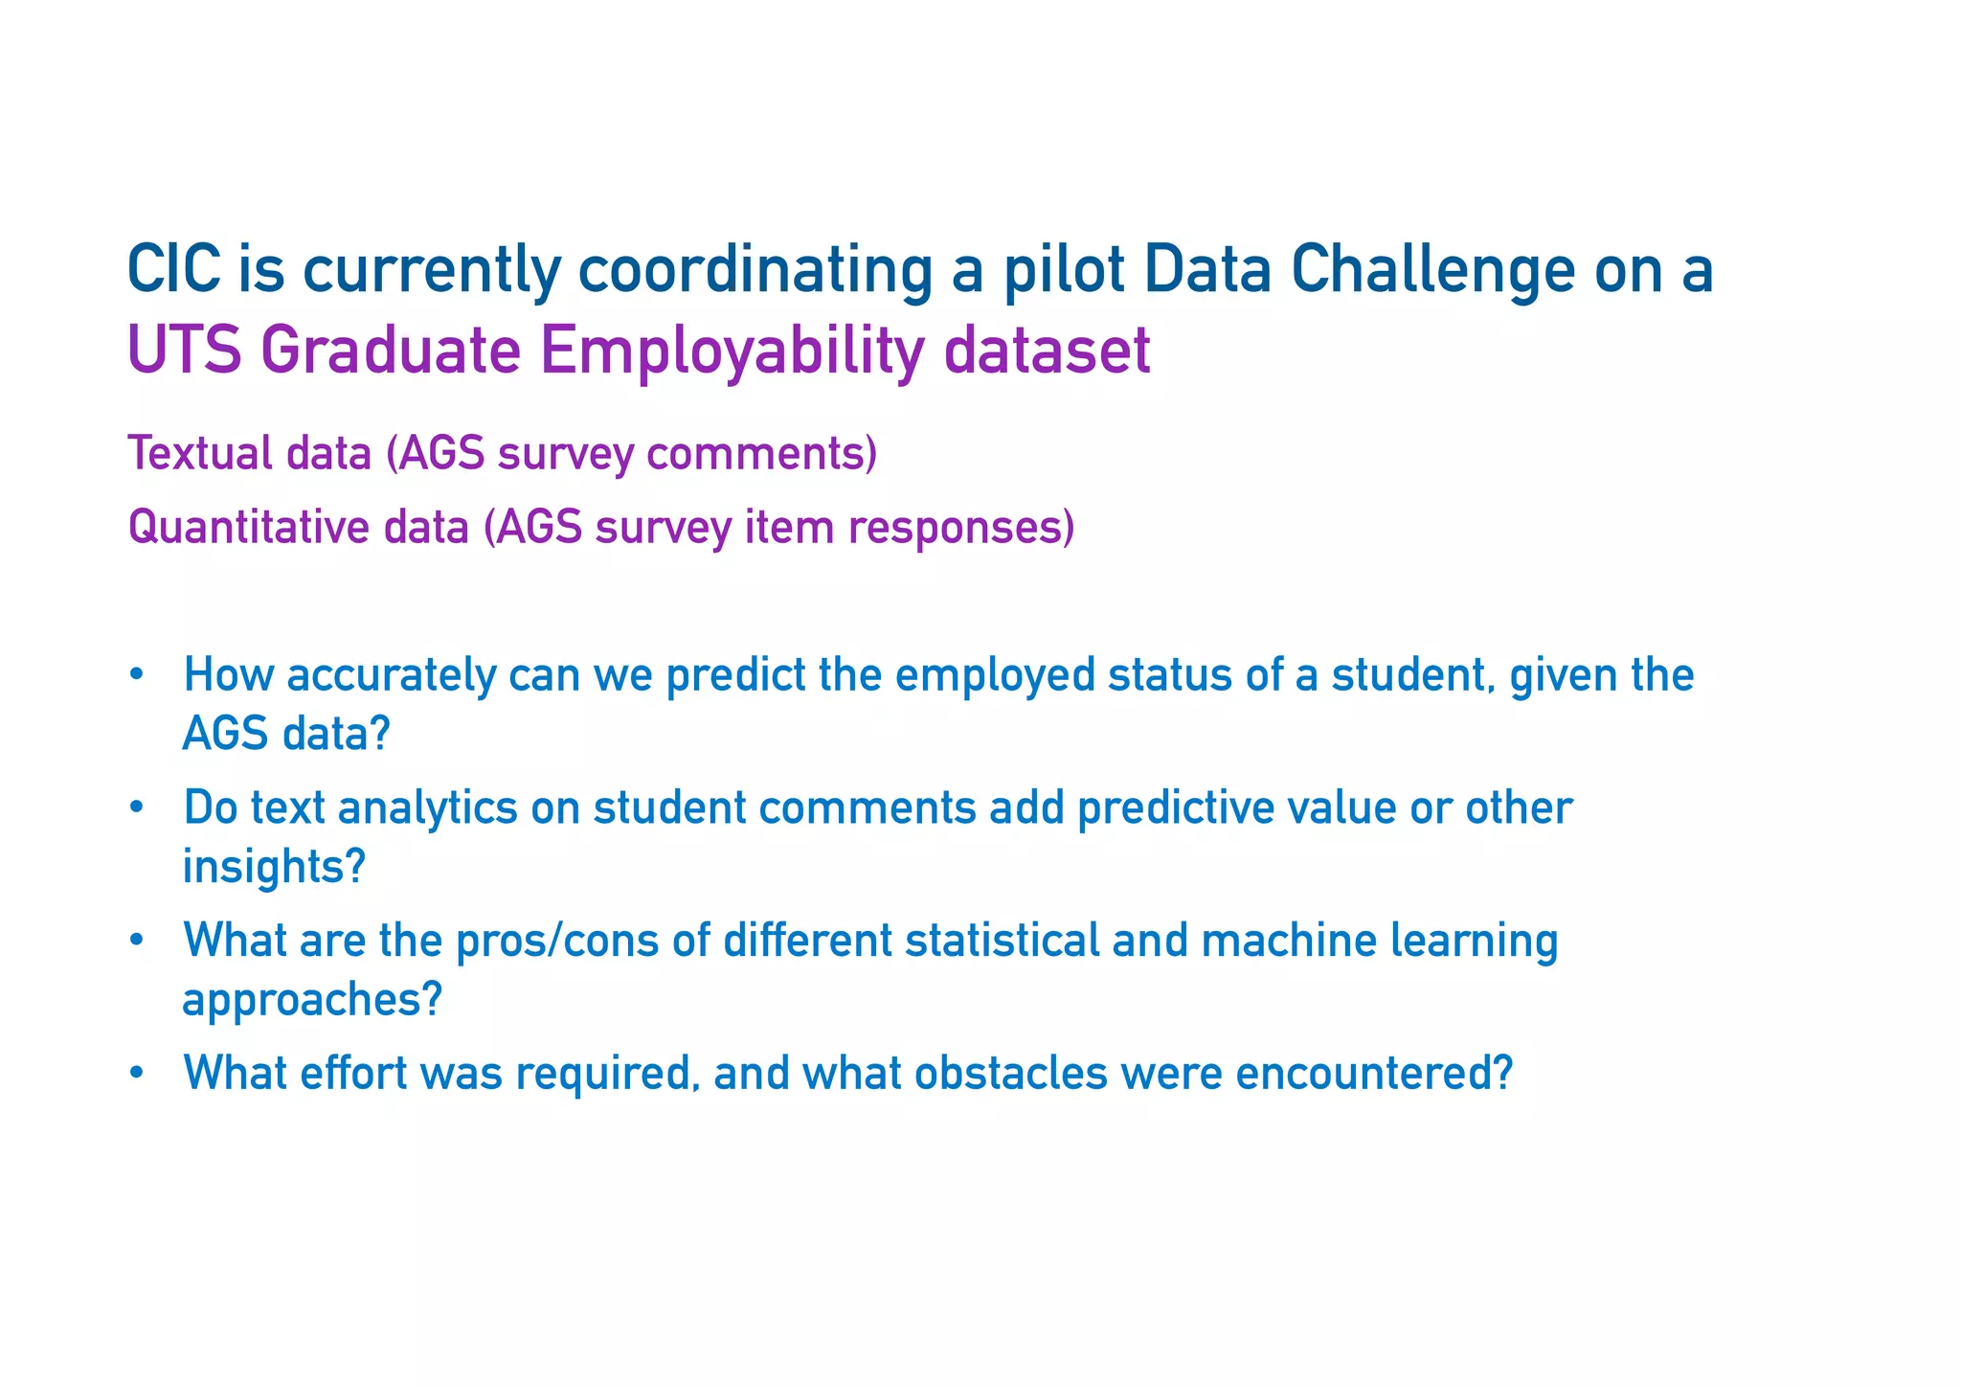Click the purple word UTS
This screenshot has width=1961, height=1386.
183,350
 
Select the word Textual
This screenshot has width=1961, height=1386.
200,453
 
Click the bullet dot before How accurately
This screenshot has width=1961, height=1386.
136,675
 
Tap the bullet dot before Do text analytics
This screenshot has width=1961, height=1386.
136,808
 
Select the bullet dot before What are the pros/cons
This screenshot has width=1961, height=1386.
136,941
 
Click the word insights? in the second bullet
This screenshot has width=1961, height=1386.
274,867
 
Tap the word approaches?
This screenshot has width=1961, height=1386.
312,1000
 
